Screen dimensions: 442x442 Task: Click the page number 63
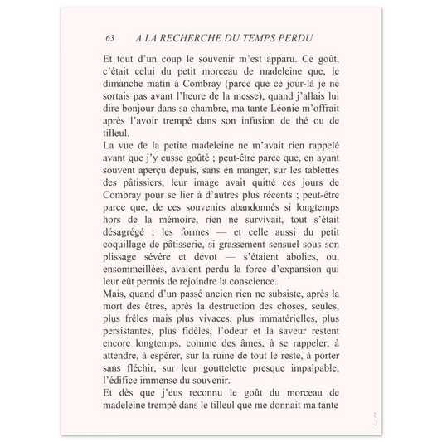(110, 39)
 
